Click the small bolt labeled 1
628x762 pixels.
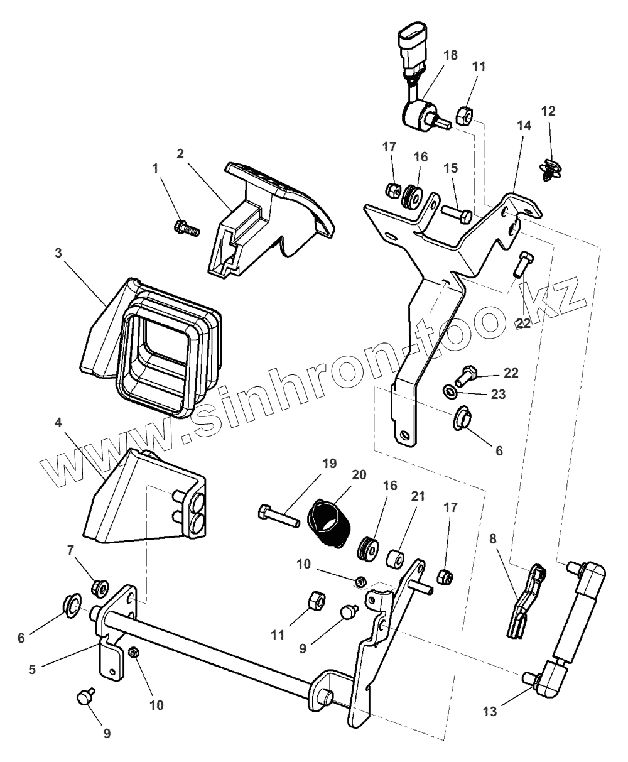(187, 227)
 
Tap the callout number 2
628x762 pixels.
(180, 154)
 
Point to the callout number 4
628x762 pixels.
(58, 423)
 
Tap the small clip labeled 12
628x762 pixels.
(550, 170)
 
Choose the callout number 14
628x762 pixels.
(524, 126)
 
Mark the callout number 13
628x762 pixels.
(490, 712)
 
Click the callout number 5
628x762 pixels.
(31, 670)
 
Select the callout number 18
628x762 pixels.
(450, 55)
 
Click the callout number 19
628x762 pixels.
(330, 464)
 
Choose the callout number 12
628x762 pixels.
(548, 111)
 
